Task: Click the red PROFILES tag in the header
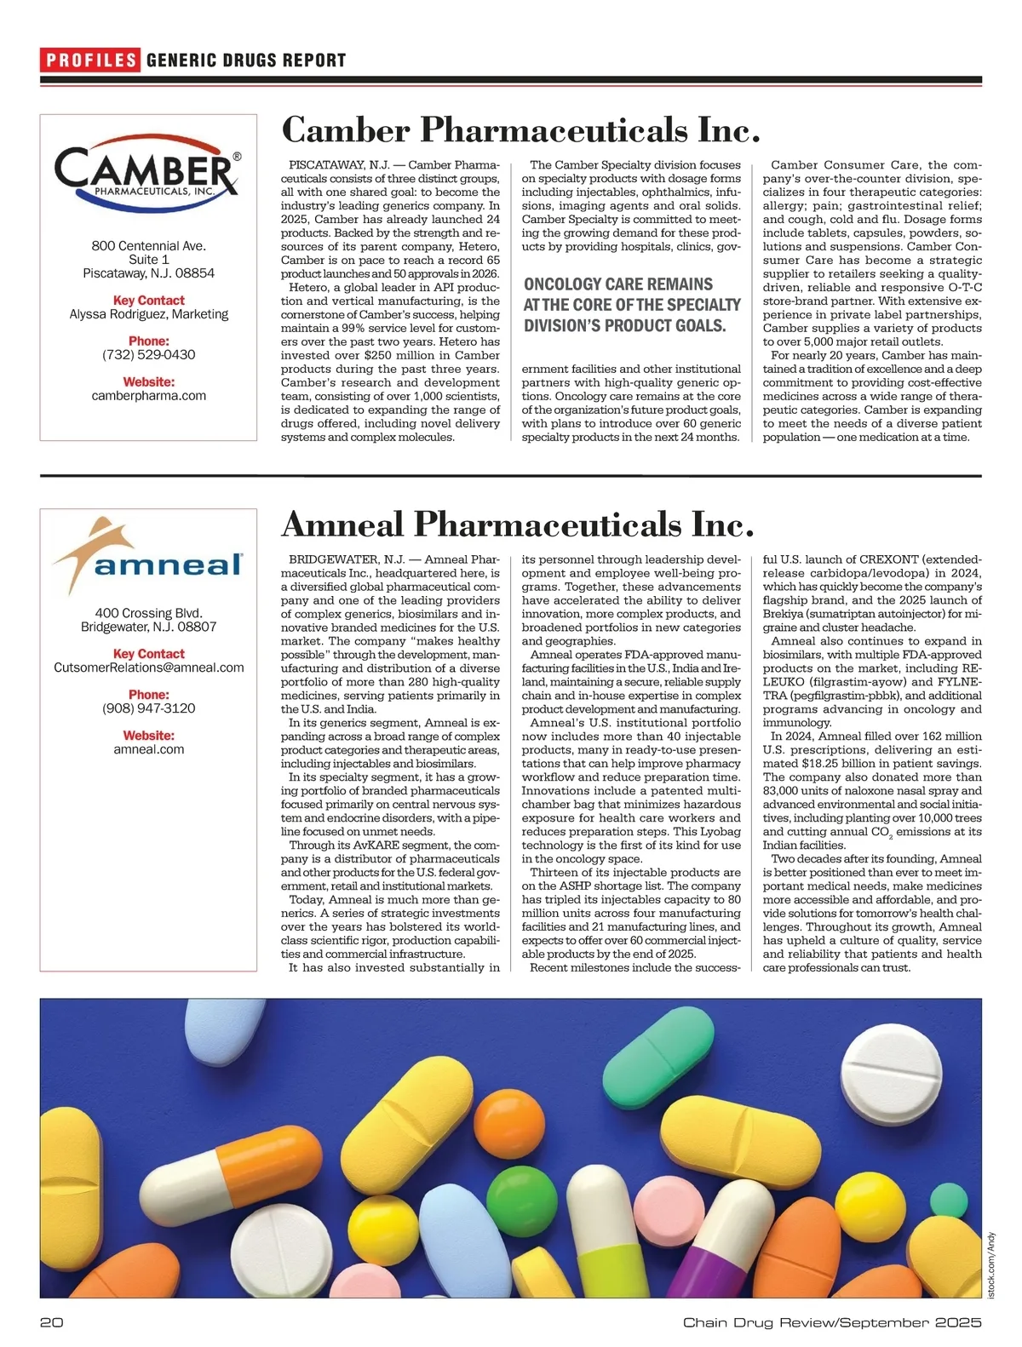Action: pyautogui.click(x=90, y=60)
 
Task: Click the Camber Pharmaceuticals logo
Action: pyautogui.click(x=148, y=171)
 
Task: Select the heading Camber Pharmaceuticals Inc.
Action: pyautogui.click(x=520, y=130)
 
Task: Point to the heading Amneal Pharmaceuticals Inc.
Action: pyautogui.click(x=518, y=524)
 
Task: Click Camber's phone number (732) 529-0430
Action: pyautogui.click(x=149, y=355)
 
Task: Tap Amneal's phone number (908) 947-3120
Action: pyautogui.click(x=149, y=708)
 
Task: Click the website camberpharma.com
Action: pyautogui.click(x=149, y=396)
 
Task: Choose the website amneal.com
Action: pyautogui.click(x=149, y=749)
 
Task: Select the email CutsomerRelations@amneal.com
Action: pyautogui.click(x=149, y=668)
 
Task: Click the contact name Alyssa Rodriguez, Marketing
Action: pyautogui.click(x=149, y=314)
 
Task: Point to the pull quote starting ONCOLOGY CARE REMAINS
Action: pyautogui.click(x=632, y=305)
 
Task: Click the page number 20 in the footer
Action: pyautogui.click(x=52, y=1322)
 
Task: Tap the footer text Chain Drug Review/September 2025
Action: pyautogui.click(x=832, y=1322)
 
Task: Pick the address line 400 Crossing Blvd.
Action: pyautogui.click(x=149, y=613)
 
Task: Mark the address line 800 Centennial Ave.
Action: pyautogui.click(x=149, y=246)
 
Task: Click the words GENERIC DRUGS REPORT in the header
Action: pyautogui.click(x=246, y=60)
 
